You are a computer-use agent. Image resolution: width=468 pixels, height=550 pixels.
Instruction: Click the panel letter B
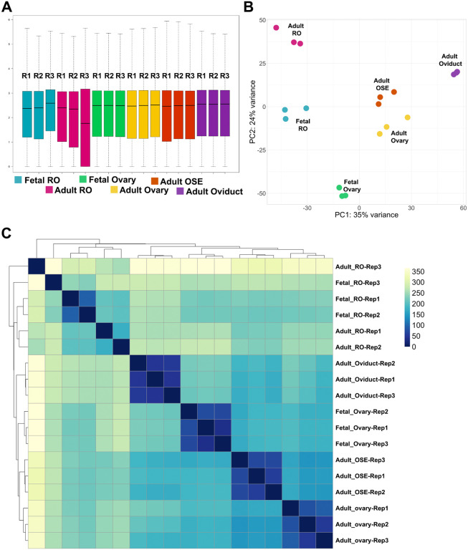coord(248,8)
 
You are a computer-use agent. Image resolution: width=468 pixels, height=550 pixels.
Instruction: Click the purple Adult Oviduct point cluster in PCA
coord(455,73)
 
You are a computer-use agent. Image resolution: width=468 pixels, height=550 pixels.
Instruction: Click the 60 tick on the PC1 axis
coord(463,208)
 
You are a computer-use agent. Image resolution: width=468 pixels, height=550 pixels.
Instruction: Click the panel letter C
coord(6,233)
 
